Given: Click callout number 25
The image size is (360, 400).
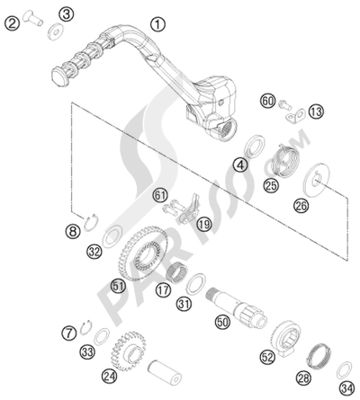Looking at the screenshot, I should point(246,186).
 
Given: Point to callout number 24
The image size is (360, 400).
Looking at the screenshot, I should point(109,375).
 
